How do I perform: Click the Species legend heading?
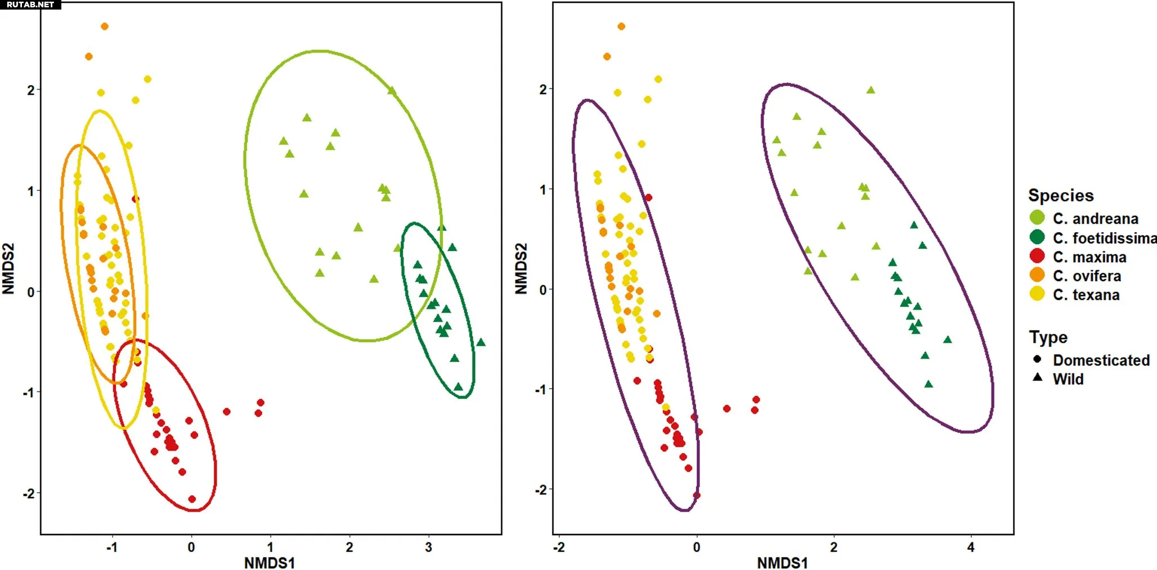(1061, 195)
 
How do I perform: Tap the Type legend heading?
(1048, 337)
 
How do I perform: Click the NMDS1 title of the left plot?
(269, 563)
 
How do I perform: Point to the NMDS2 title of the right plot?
(521, 268)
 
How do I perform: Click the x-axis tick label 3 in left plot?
(428, 547)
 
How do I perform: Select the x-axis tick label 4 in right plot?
(971, 547)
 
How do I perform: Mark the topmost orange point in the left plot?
(104, 26)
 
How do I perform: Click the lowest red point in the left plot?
(192, 499)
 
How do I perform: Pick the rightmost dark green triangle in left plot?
(481, 342)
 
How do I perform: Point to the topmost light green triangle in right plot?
(871, 90)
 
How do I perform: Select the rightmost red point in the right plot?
(756, 400)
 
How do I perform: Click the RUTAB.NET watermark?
(30, 5)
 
